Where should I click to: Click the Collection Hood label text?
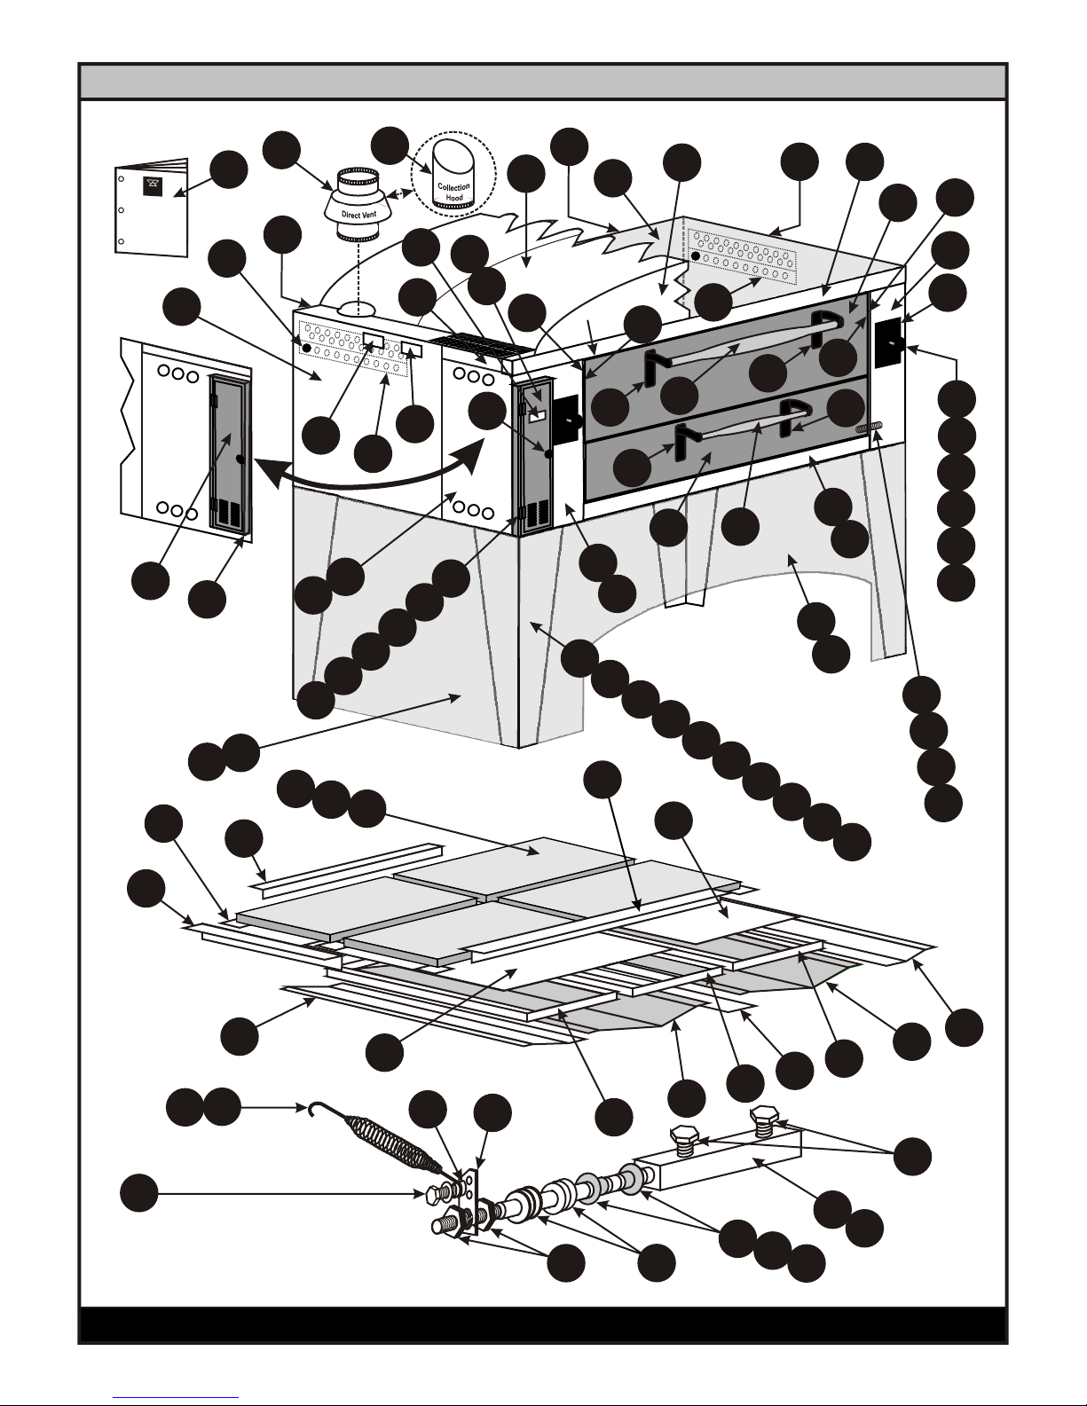tap(453, 192)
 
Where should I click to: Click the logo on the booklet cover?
tap(151, 186)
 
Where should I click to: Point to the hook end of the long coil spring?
tap(311, 1108)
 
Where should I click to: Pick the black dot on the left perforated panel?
tap(307, 350)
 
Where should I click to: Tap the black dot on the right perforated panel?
tap(697, 255)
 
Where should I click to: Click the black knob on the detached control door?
tap(240, 459)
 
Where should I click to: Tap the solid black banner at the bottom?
tap(543, 1324)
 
